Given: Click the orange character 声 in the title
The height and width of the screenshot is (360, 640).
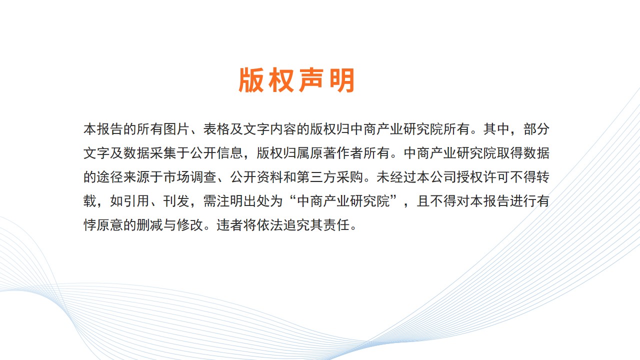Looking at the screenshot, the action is [311, 80].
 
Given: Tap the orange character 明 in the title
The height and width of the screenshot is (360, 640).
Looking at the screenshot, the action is [342, 80].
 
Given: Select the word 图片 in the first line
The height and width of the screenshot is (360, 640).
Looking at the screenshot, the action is [176, 129].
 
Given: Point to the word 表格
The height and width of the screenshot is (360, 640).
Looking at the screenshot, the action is [216, 129].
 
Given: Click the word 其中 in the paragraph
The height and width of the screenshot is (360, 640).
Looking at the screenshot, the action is [496, 129].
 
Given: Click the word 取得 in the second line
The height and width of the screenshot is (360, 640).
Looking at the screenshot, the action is [509, 153].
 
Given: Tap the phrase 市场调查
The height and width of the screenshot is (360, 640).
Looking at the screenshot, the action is [190, 177].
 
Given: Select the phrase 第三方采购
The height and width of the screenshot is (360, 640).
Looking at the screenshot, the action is [330, 177].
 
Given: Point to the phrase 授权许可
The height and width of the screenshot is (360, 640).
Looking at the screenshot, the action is [483, 177].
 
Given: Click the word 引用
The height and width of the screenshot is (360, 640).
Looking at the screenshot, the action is [136, 201].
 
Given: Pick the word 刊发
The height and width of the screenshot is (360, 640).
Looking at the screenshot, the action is [176, 201].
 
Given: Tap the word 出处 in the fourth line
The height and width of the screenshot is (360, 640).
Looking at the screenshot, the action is [256, 201].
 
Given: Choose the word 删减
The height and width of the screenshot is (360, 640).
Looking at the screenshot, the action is [150, 225].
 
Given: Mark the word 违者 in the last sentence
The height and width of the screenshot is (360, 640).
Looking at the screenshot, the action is [230, 225].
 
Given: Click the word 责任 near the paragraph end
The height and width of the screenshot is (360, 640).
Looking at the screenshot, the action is [336, 225].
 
